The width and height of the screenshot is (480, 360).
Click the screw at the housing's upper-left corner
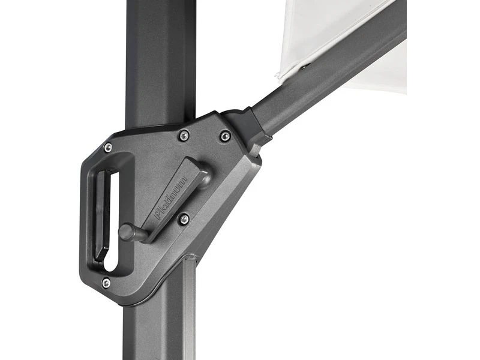108,148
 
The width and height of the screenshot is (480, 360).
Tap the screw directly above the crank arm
184,136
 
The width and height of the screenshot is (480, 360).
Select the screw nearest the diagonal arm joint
225,136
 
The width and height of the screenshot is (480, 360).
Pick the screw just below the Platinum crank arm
184,219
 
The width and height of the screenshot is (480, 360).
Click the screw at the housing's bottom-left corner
106,283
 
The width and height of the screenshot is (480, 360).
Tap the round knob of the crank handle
126,232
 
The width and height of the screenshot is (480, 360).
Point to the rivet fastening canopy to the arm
304,67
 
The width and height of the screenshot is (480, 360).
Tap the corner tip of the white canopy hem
278,77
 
